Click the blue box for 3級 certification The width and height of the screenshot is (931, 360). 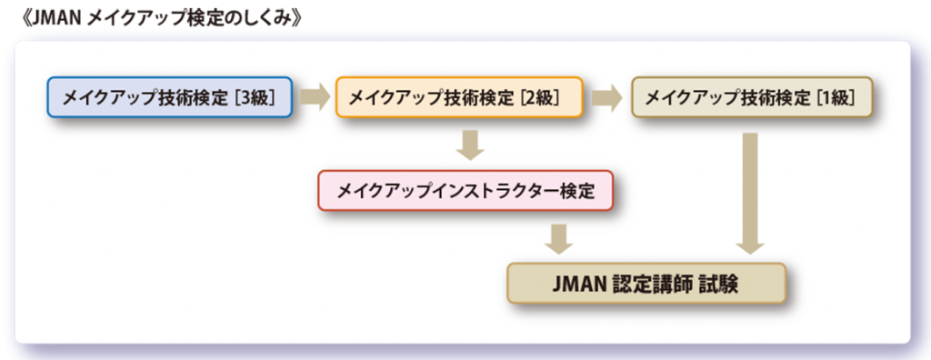click(x=170, y=97)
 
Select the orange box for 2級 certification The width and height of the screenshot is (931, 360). click(x=458, y=97)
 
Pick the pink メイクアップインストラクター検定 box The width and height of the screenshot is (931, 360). click(x=465, y=192)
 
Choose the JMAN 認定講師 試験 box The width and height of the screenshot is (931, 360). click(x=645, y=284)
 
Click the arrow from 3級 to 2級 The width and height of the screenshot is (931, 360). click(x=315, y=97)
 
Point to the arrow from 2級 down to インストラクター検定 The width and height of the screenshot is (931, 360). click(x=470, y=145)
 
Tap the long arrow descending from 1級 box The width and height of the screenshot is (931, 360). click(x=750, y=192)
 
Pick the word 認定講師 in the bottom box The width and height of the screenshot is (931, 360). click(x=649, y=284)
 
